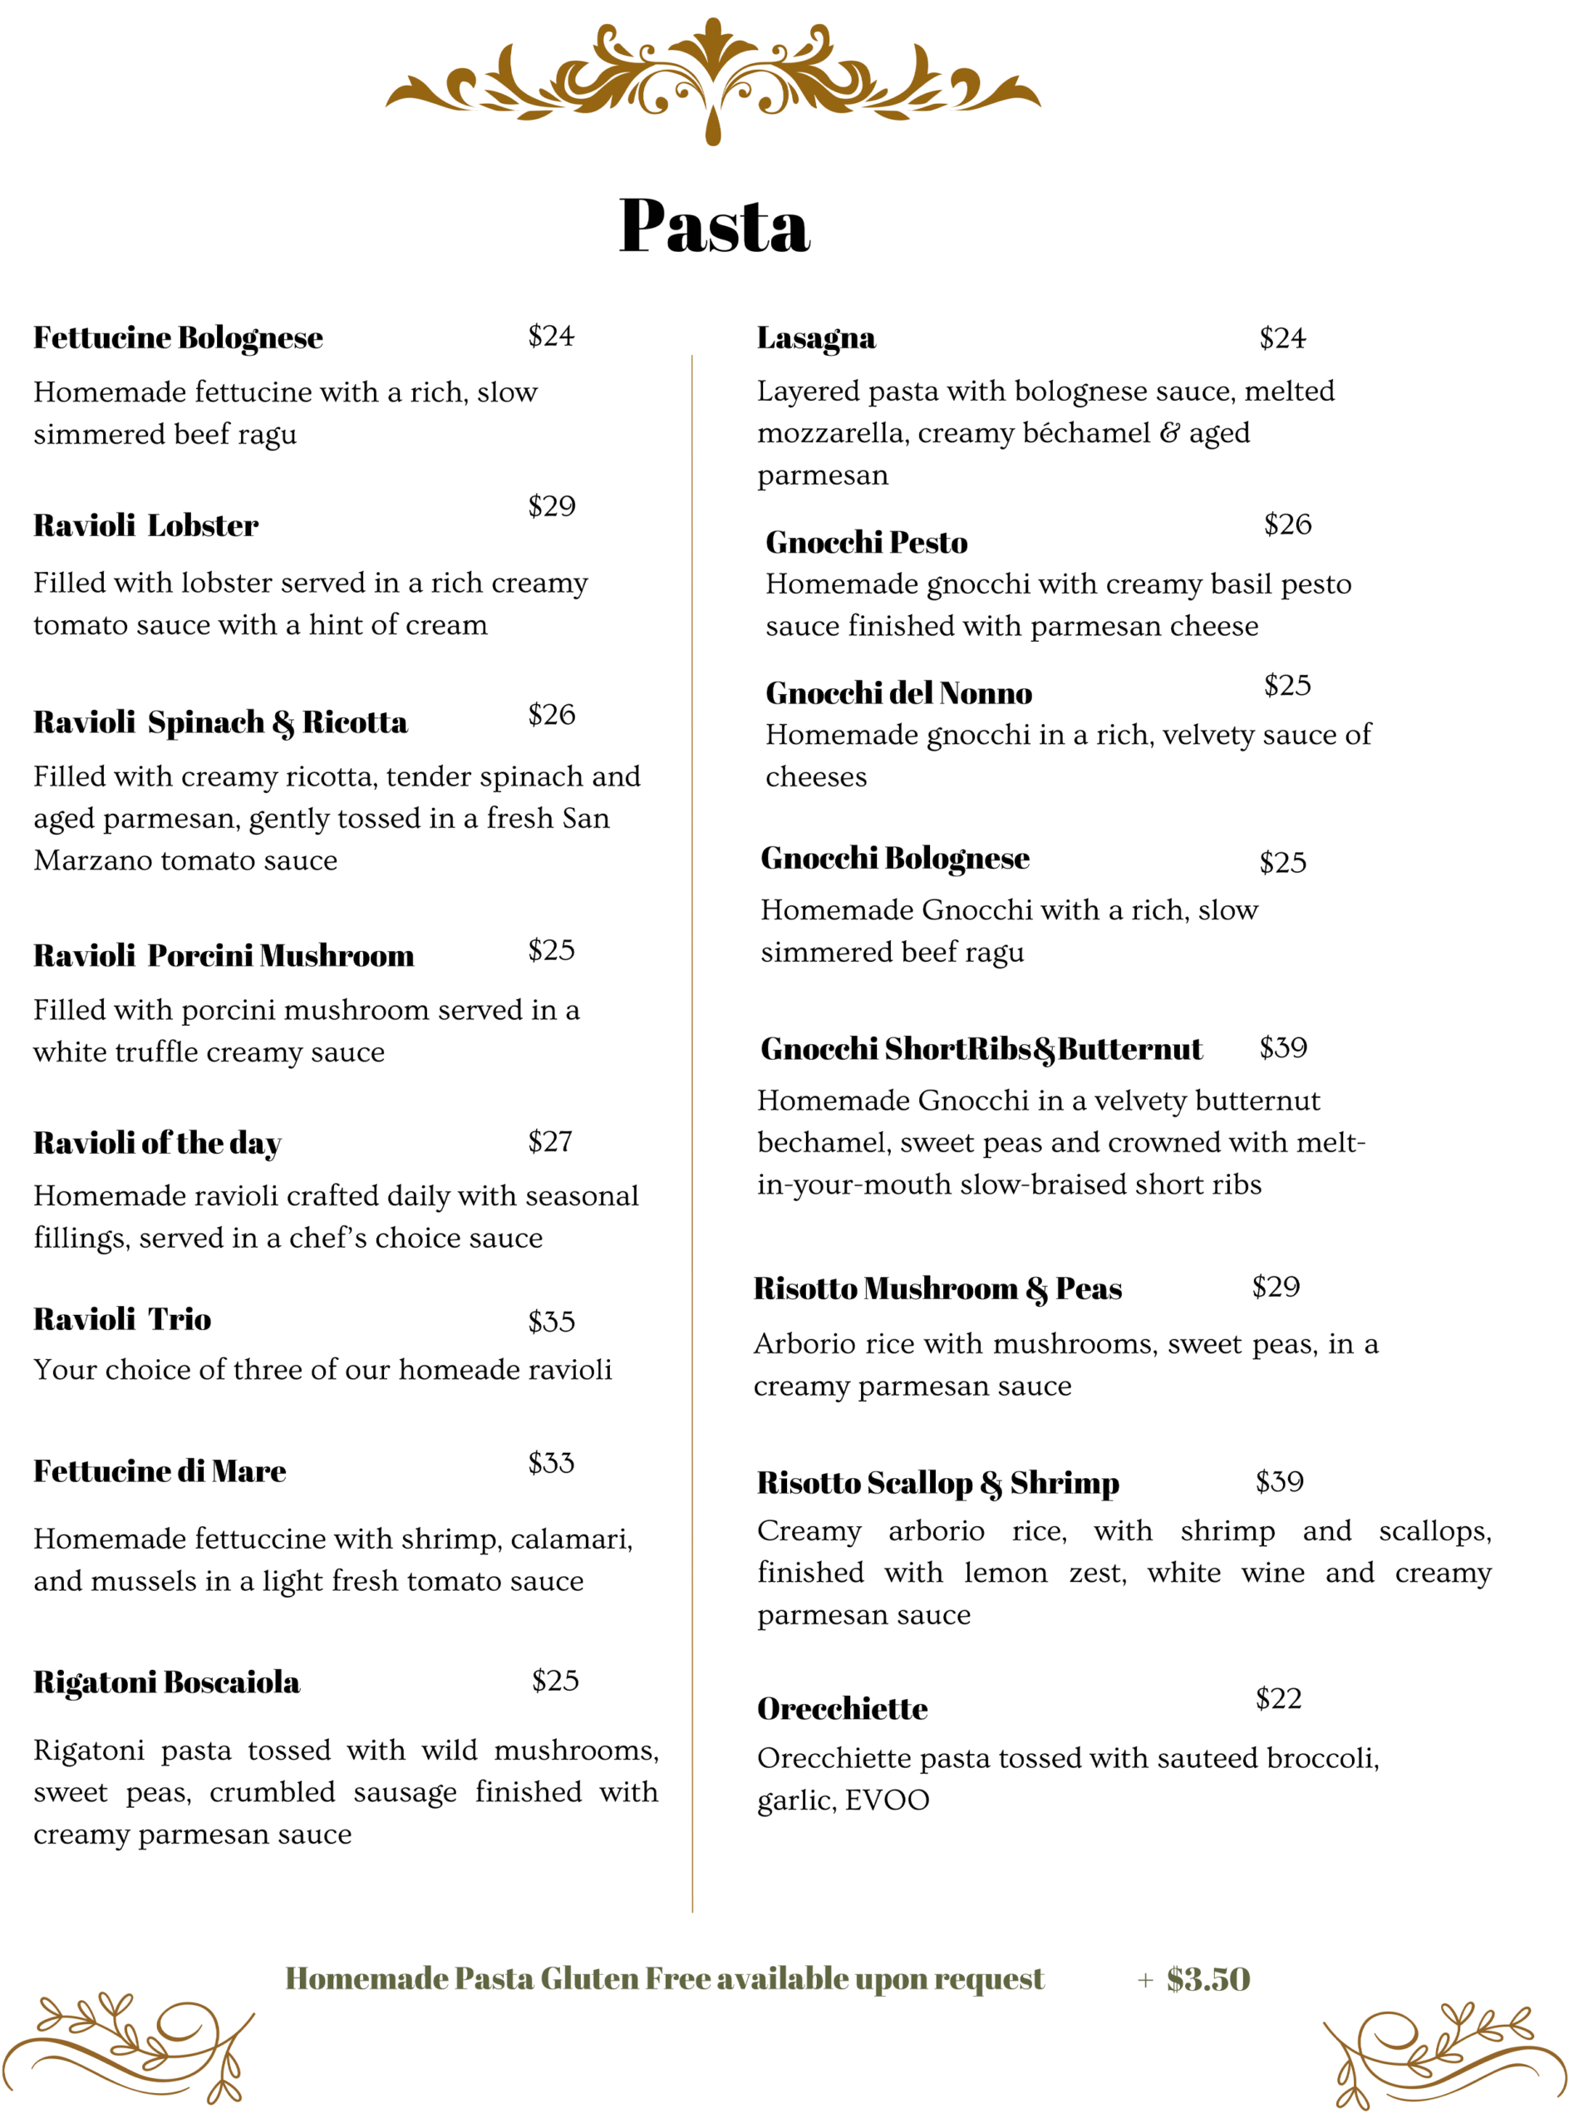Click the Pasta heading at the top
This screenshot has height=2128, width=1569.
[x=713, y=226]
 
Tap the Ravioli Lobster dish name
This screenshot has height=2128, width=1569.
[x=145, y=525]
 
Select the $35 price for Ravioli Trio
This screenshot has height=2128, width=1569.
[x=552, y=1322]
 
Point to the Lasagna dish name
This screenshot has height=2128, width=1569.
[x=816, y=338]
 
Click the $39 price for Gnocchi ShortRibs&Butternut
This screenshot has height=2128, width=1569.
[x=1283, y=1048]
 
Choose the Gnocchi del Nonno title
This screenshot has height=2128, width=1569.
[x=898, y=693]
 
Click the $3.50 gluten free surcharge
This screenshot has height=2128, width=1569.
[x=1208, y=1979]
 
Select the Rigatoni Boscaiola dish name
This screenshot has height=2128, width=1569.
[x=167, y=1682]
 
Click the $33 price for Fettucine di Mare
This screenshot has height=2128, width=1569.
[x=552, y=1463]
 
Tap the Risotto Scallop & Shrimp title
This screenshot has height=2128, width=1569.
[x=937, y=1483]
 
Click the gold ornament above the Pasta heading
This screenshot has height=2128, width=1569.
[x=713, y=81]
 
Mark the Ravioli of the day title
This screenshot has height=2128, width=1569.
[x=158, y=1143]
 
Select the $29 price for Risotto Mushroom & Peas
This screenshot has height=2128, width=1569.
[x=1276, y=1288]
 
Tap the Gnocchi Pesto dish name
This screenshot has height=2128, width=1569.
[x=866, y=543]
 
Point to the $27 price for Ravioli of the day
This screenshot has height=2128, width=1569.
[x=551, y=1141]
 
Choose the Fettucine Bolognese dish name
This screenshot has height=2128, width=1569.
[x=179, y=338]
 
